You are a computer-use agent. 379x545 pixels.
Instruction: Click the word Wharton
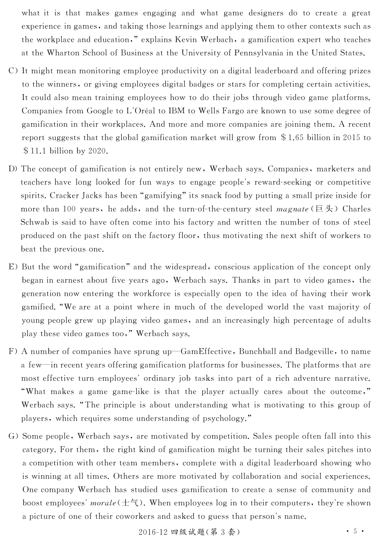(61, 53)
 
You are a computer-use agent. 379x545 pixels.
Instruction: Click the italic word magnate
(292, 209)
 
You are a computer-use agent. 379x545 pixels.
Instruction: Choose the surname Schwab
(35, 222)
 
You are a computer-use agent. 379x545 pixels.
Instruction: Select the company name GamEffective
(206, 352)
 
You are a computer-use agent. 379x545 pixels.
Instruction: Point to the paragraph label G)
(13, 436)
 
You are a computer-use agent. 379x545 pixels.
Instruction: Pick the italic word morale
(103, 503)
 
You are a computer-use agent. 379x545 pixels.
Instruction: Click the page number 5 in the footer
(355, 531)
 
